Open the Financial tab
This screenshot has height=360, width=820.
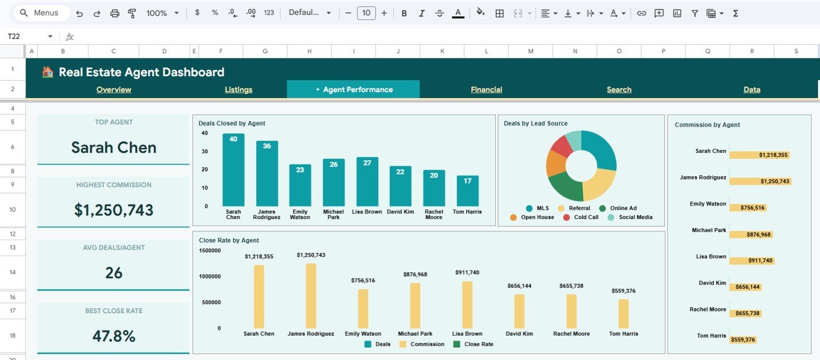pyautogui.click(x=486, y=90)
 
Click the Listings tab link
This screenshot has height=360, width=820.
pyautogui.click(x=238, y=90)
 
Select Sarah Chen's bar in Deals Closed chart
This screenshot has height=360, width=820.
pyautogui.click(x=233, y=170)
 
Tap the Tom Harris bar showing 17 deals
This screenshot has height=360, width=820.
pyautogui.click(x=468, y=191)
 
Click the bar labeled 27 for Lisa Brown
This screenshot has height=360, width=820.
pyautogui.click(x=367, y=182)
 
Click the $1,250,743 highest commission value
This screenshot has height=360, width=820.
pyautogui.click(x=114, y=210)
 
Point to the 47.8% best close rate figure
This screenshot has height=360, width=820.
pyautogui.click(x=114, y=336)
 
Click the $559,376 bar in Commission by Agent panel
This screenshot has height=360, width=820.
pyautogui.click(x=743, y=340)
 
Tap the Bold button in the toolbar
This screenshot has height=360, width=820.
pyautogui.click(x=404, y=13)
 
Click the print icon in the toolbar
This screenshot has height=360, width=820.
pyautogui.click(x=115, y=13)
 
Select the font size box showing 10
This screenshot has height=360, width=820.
pyautogui.click(x=366, y=13)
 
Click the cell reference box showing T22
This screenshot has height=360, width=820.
pyautogui.click(x=14, y=37)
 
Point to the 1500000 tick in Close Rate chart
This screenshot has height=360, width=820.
pyautogui.click(x=210, y=250)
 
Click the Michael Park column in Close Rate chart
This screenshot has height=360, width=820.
pyautogui.click(x=415, y=306)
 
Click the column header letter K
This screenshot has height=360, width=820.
pyautogui.click(x=441, y=51)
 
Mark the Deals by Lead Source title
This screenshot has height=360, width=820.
pyautogui.click(x=536, y=124)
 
